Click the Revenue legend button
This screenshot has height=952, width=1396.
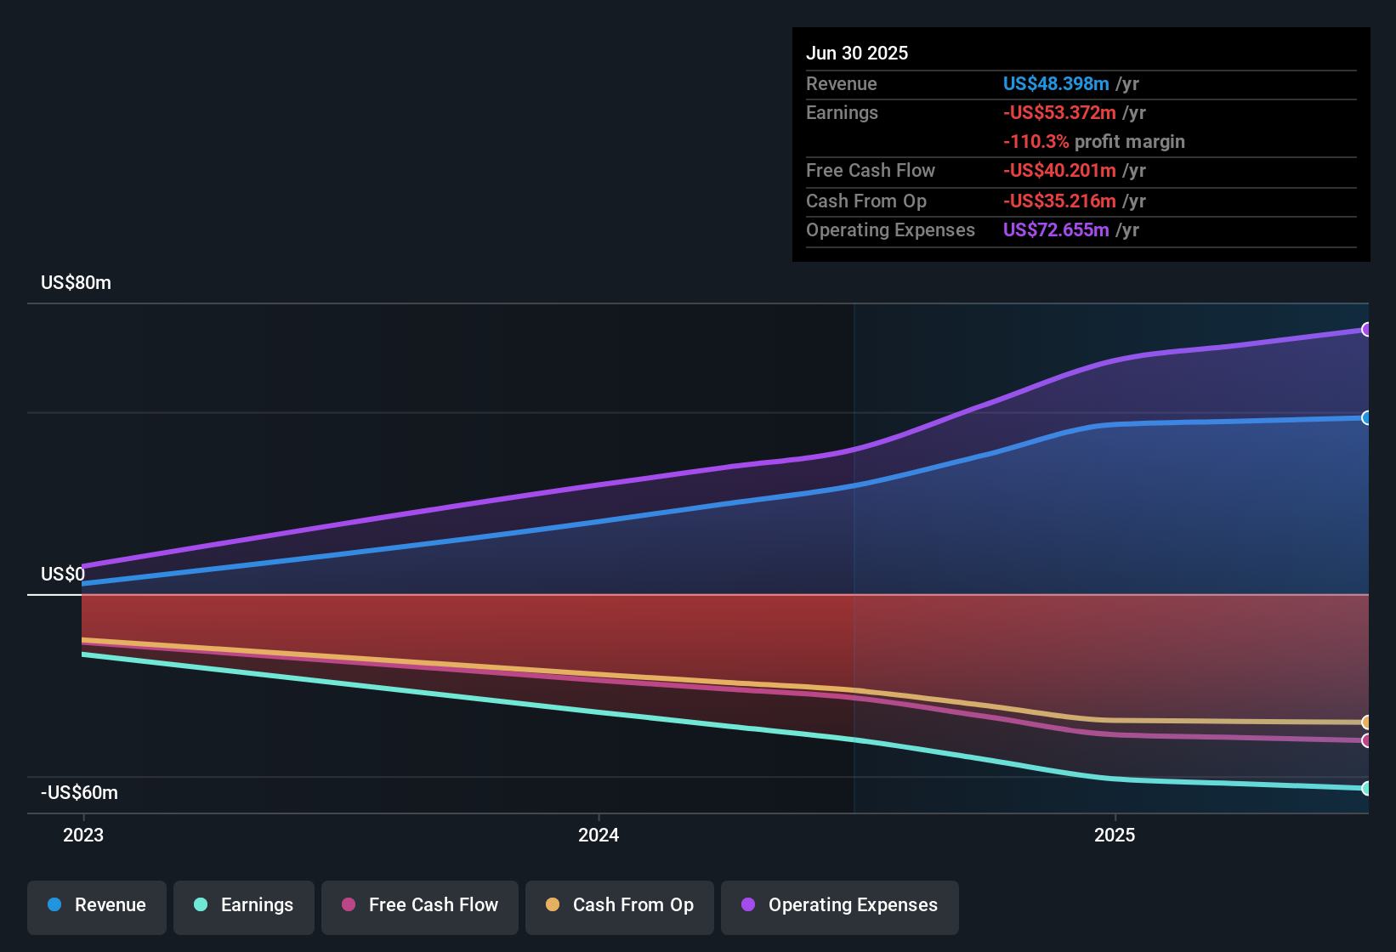97,905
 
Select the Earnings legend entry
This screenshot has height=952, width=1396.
243,905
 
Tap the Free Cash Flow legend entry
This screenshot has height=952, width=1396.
420,905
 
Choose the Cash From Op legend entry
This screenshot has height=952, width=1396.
620,905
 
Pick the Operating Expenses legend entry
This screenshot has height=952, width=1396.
839,905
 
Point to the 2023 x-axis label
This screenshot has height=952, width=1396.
83,836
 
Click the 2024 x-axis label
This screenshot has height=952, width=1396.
599,836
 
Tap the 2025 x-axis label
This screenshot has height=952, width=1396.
1114,836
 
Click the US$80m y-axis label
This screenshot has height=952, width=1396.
76,283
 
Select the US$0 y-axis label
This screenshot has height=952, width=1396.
63,575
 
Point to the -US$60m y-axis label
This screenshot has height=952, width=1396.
79,793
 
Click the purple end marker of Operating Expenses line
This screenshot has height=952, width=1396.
1366,330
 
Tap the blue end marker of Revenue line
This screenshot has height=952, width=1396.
1366,418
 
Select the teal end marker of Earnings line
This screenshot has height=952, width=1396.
1366,789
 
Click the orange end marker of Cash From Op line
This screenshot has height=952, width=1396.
1366,722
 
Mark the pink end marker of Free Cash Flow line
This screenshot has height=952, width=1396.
1366,741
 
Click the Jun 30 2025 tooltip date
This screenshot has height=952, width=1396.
857,54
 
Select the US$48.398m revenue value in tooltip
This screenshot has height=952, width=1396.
1056,84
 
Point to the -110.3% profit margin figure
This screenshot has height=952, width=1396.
1036,142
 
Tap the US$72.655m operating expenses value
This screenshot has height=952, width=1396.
1056,230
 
